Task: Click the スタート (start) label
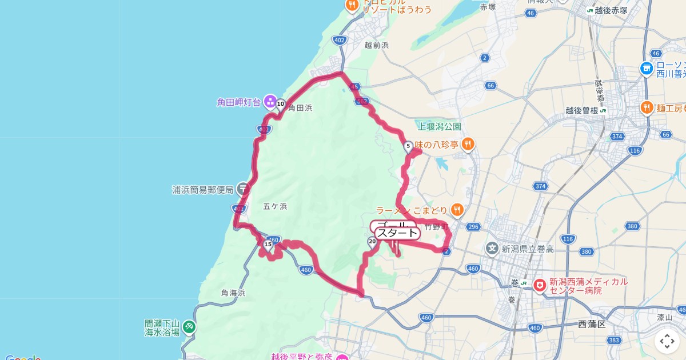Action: [x=397, y=233]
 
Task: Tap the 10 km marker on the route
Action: [x=281, y=104]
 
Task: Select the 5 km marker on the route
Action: [x=408, y=146]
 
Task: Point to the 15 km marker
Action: [x=268, y=244]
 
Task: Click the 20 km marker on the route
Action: [x=372, y=242]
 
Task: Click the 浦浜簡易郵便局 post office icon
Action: [x=243, y=189]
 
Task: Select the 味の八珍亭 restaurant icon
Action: [x=468, y=145]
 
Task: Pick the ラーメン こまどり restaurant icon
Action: [x=457, y=210]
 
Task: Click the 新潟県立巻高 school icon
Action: [x=492, y=248]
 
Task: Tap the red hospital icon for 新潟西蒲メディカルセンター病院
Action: [x=539, y=285]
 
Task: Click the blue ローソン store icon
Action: [x=647, y=68]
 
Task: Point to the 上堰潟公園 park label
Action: [x=440, y=126]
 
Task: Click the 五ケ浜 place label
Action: [x=276, y=206]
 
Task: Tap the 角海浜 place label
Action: [x=233, y=293]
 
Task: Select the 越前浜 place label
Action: [x=376, y=45]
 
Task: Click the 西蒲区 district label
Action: [x=591, y=324]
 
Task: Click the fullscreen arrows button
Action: [x=667, y=341]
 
